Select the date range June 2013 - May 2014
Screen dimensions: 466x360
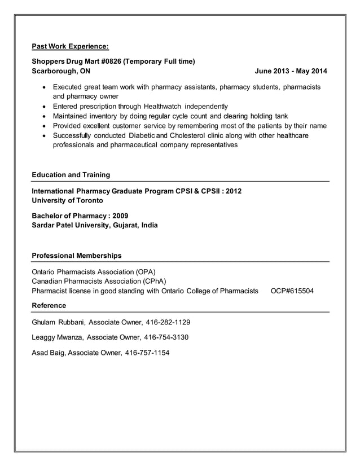tap(291, 72)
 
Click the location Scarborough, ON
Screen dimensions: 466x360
tap(61, 72)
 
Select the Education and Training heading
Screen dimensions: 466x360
tap(71, 174)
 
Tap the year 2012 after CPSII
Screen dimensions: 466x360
tap(232, 191)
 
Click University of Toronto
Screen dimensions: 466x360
tap(68, 200)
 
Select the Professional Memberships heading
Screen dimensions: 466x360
tap(77, 256)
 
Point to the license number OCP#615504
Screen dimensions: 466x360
tap(292, 291)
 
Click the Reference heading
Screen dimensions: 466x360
tap(49, 305)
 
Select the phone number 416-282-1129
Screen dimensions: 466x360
tap(168, 323)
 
